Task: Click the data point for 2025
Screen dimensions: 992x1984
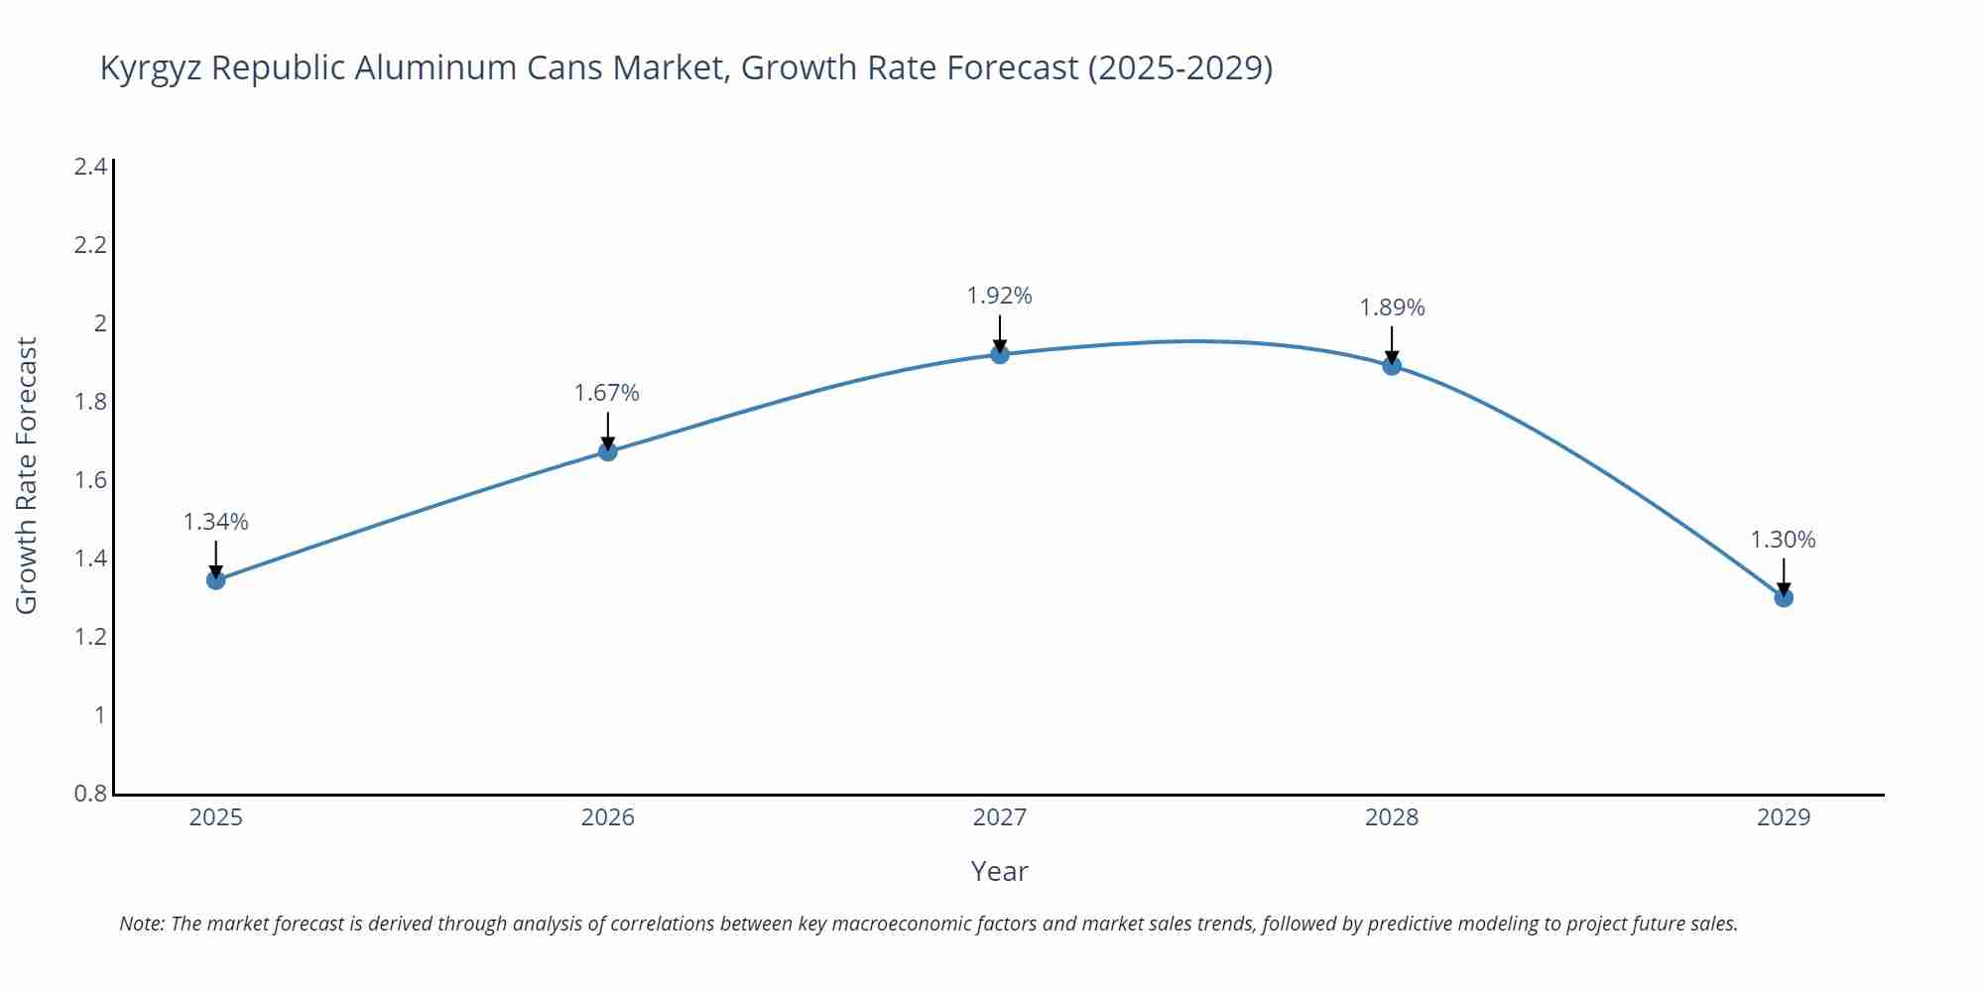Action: (216, 580)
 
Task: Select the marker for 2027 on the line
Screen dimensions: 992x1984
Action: (1000, 354)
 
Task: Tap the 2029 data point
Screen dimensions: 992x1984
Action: (1784, 597)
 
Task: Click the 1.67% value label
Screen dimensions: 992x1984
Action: (607, 393)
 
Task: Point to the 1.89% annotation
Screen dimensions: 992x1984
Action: (1392, 308)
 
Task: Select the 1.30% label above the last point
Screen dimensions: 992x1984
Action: (1783, 540)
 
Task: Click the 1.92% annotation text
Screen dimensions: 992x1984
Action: (1000, 296)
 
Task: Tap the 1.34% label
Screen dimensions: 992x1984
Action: (216, 522)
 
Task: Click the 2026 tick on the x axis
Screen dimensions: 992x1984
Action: (607, 817)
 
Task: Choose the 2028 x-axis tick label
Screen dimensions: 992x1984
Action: (1392, 817)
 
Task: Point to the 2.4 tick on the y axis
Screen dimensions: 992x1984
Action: (90, 167)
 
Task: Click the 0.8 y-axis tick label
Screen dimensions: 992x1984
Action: (90, 794)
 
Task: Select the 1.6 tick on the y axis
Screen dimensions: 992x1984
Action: (90, 480)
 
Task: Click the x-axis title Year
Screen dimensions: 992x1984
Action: (999, 871)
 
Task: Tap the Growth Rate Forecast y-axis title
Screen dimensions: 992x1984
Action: (27, 476)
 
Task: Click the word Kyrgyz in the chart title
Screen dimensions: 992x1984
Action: (151, 67)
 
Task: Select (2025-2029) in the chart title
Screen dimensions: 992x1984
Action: (1179, 67)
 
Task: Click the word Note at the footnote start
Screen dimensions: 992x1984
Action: (141, 924)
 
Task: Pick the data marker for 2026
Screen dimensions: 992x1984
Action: (608, 451)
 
